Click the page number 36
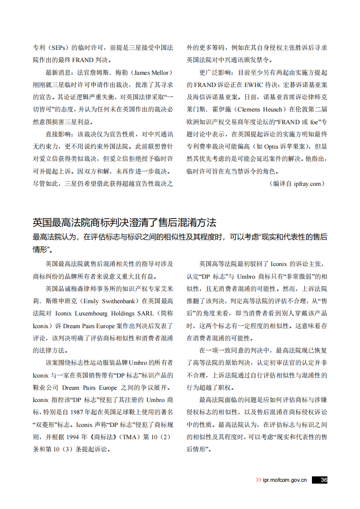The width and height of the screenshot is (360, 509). [x=324, y=480]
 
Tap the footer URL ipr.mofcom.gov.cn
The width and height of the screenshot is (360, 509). [x=285, y=480]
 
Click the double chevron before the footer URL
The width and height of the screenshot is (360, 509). [x=258, y=480]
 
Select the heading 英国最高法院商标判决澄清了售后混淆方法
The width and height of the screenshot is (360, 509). [x=124, y=223]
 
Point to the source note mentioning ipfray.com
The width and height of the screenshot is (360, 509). [x=297, y=184]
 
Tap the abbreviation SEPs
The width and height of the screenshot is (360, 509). [x=58, y=48]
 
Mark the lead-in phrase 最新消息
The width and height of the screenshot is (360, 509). [x=58, y=73]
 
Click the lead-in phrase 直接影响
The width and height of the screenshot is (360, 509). [x=58, y=134]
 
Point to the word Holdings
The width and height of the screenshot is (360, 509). [x=122, y=313]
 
